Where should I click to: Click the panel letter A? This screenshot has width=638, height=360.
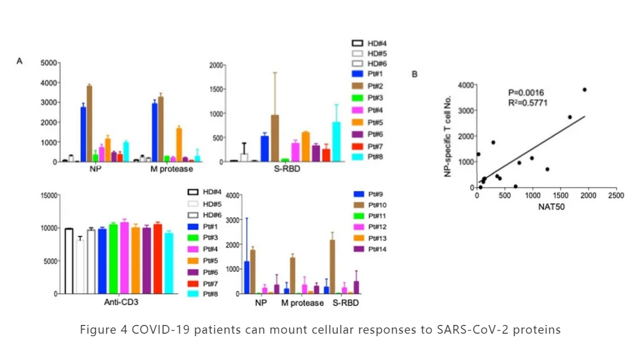[20, 61]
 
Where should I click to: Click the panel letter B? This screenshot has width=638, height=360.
[414, 75]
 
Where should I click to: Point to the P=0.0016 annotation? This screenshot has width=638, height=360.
[527, 92]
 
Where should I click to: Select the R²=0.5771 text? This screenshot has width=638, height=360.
[528, 103]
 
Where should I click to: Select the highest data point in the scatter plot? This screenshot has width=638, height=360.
[584, 90]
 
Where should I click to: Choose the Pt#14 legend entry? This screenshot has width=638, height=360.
[378, 249]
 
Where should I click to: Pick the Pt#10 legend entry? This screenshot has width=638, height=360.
[378, 204]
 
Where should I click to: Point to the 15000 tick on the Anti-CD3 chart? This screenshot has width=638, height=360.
[48, 195]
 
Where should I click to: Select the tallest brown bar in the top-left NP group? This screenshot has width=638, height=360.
[90, 123]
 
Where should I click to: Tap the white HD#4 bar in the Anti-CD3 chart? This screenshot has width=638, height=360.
[69, 261]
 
